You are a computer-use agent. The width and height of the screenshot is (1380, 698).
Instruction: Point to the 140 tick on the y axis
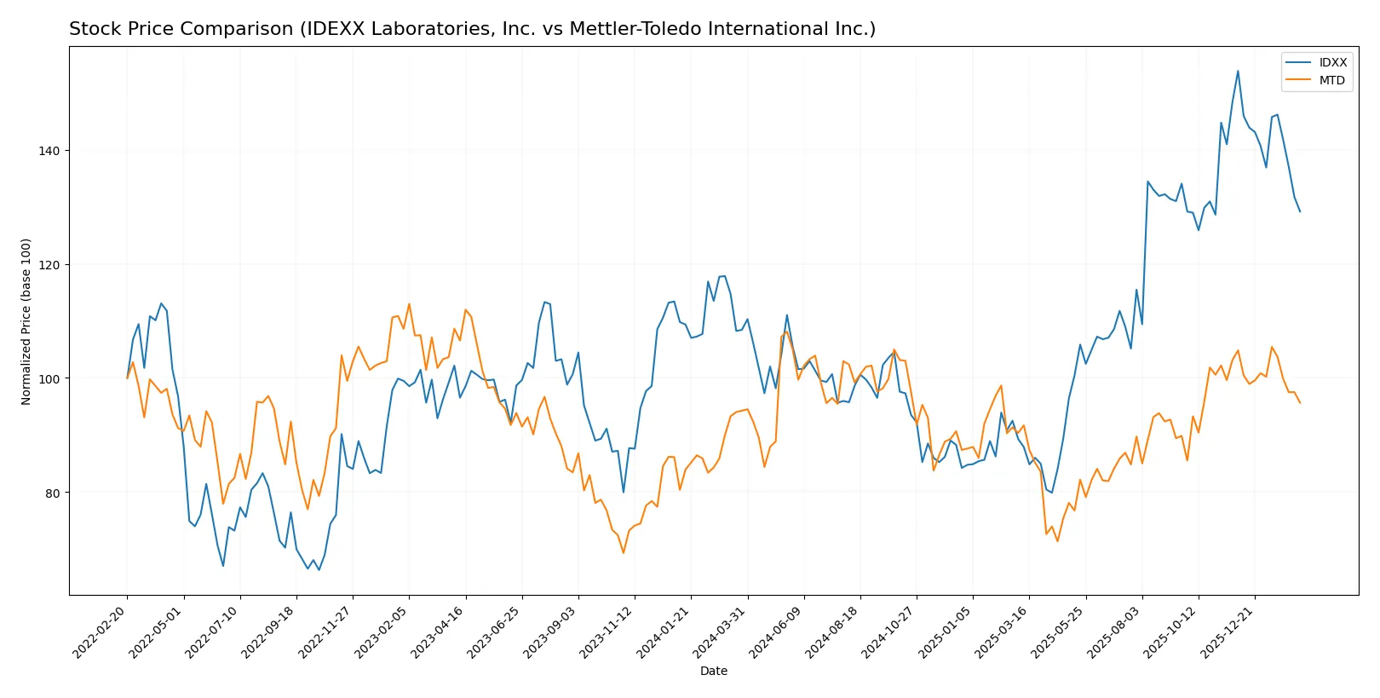pos(49,151)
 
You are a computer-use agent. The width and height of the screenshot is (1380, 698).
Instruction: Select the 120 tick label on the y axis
pos(49,265)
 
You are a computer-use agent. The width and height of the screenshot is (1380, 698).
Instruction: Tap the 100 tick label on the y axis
pos(49,378)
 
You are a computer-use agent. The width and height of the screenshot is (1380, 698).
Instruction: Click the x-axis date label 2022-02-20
pos(101,632)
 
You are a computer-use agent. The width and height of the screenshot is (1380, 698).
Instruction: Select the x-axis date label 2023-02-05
pos(382,632)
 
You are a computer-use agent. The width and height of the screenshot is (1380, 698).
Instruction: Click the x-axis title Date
pos(714,672)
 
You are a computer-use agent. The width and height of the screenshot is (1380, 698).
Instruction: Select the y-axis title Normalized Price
pos(26,321)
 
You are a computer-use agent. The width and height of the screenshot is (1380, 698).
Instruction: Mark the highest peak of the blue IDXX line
pos(1238,71)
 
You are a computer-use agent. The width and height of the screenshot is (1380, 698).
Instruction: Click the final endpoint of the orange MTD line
pos(1300,403)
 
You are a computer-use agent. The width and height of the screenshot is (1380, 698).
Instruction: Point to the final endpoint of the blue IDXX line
pos(1300,211)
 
